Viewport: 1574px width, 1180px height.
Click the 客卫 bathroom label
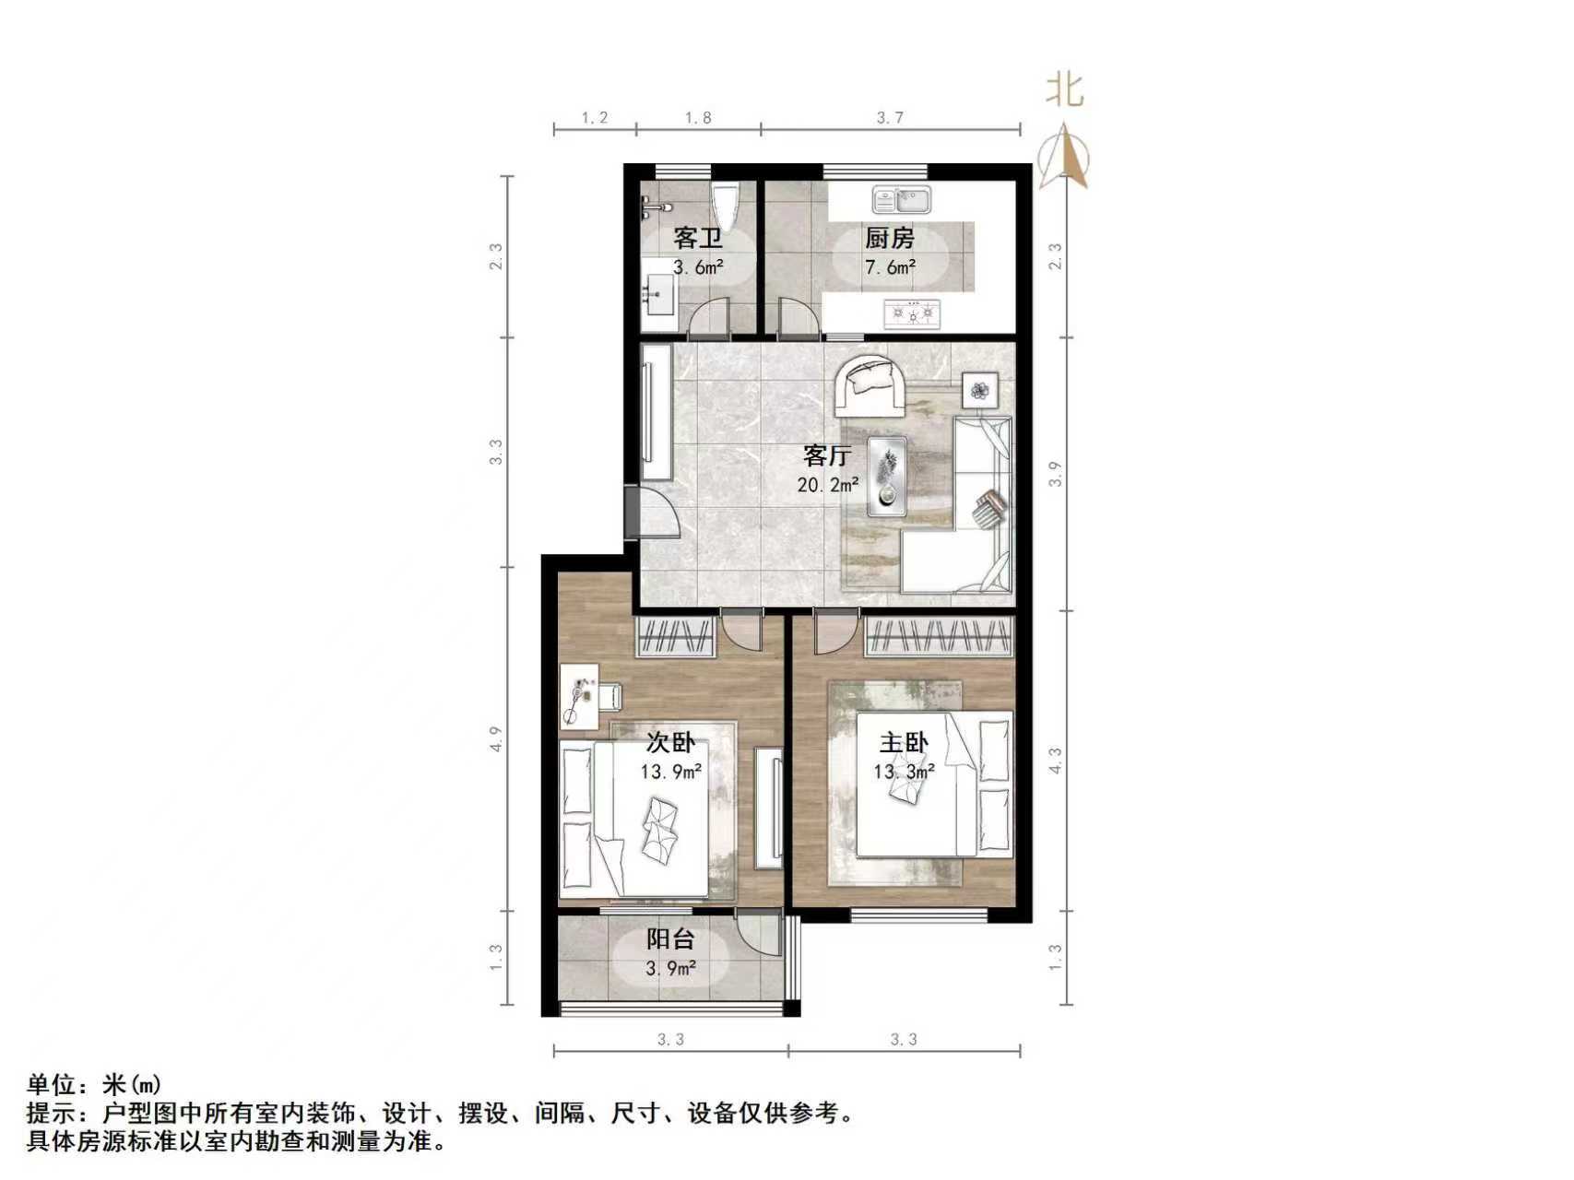[697, 238]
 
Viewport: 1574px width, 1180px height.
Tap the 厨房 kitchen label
[889, 238]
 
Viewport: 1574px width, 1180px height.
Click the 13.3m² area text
[905, 771]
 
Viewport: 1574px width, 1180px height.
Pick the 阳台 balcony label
[670, 939]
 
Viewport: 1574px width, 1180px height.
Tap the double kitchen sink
[902, 199]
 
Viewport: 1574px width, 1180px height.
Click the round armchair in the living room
[870, 386]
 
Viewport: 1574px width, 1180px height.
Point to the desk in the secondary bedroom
[580, 697]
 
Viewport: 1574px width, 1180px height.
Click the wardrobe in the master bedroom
[938, 637]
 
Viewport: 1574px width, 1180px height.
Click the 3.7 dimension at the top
[890, 117]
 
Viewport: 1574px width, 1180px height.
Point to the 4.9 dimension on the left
[496, 738]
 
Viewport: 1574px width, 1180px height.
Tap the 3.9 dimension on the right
[1056, 474]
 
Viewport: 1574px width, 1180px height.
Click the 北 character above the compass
[1064, 90]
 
